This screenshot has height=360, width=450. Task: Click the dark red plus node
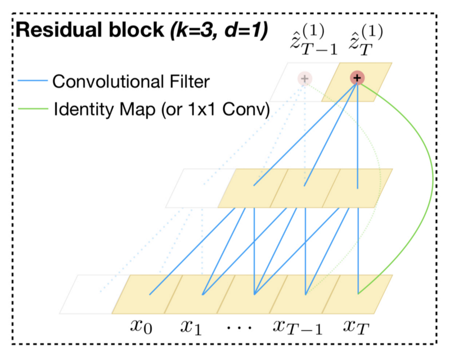pos(357,78)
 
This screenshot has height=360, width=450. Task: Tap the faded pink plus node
pos(304,78)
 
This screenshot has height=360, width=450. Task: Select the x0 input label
pos(141,326)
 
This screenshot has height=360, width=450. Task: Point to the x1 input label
pos(191,327)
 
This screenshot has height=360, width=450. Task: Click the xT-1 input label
pos(298,327)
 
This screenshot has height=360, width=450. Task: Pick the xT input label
pos(356,327)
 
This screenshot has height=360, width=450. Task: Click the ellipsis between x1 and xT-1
pos(240,327)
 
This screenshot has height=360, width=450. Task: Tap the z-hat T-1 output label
pos(314,40)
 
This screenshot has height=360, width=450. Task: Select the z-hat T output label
pos(366,40)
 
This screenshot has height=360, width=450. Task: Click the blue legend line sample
pos(33,80)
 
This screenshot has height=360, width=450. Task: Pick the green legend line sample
pos(33,109)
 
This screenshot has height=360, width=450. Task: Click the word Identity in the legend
pos(84,110)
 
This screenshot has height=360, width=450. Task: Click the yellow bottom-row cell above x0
pos(147,294)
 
